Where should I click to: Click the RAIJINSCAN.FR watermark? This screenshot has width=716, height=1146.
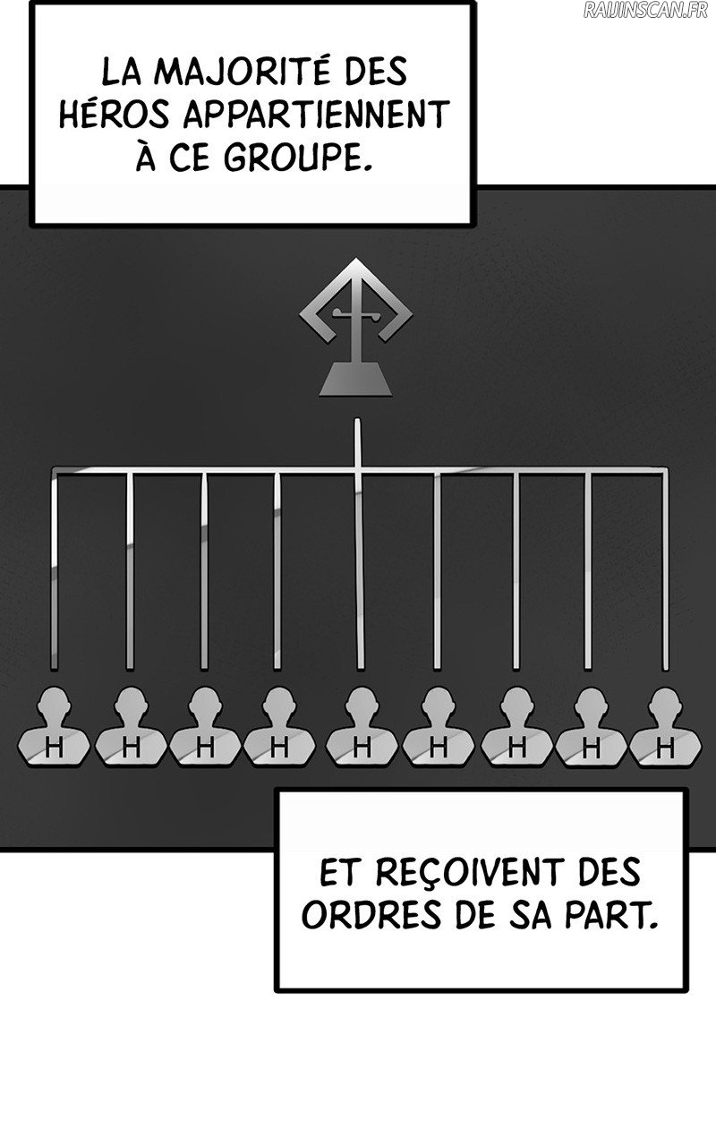point(645,10)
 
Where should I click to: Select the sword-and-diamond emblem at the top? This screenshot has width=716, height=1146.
point(356,328)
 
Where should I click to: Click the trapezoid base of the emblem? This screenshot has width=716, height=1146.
point(356,379)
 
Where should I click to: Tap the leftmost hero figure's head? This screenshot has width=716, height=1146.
point(54,702)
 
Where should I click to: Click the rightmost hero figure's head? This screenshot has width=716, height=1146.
point(665,702)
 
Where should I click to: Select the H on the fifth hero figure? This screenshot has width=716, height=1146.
point(362,748)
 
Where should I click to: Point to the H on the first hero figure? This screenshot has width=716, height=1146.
point(54,748)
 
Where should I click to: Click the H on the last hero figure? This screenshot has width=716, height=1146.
point(665,748)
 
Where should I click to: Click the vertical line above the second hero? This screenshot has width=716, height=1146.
point(130,571)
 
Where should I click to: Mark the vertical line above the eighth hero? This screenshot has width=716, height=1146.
point(588,571)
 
